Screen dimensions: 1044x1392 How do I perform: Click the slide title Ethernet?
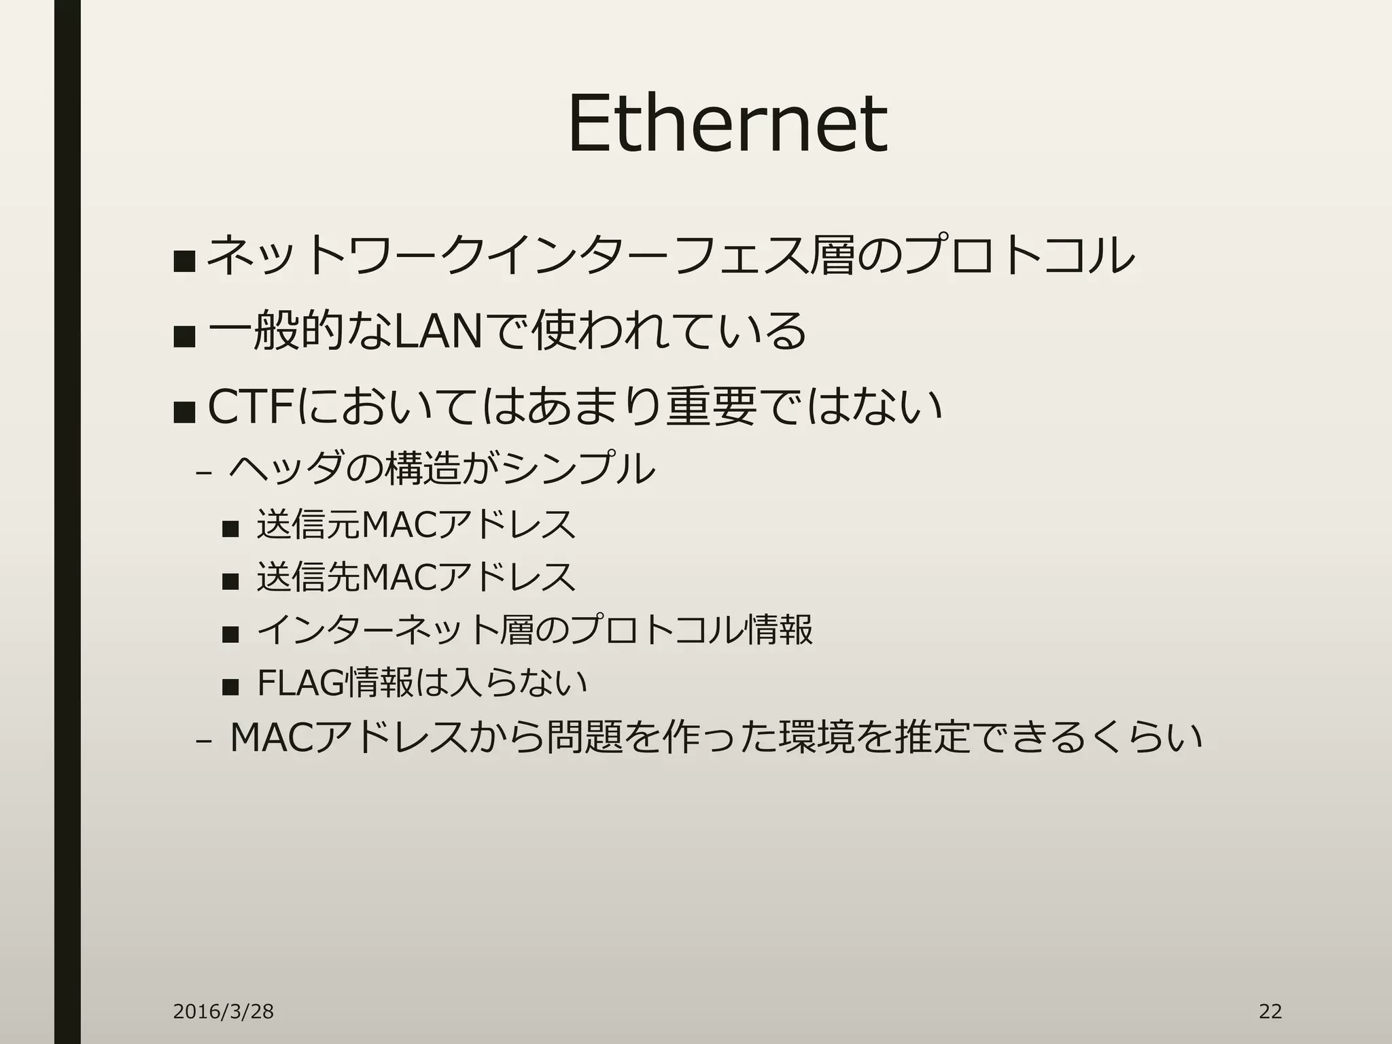click(727, 124)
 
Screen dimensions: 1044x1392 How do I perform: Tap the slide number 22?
click(1270, 1011)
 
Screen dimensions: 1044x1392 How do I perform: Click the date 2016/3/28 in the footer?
click(223, 1011)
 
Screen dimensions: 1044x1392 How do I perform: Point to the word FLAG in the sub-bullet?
click(300, 683)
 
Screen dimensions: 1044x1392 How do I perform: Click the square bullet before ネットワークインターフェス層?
click(184, 260)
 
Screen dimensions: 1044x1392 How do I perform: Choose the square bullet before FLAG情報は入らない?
click(230, 687)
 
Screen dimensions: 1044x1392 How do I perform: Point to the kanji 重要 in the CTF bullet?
click(710, 406)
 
